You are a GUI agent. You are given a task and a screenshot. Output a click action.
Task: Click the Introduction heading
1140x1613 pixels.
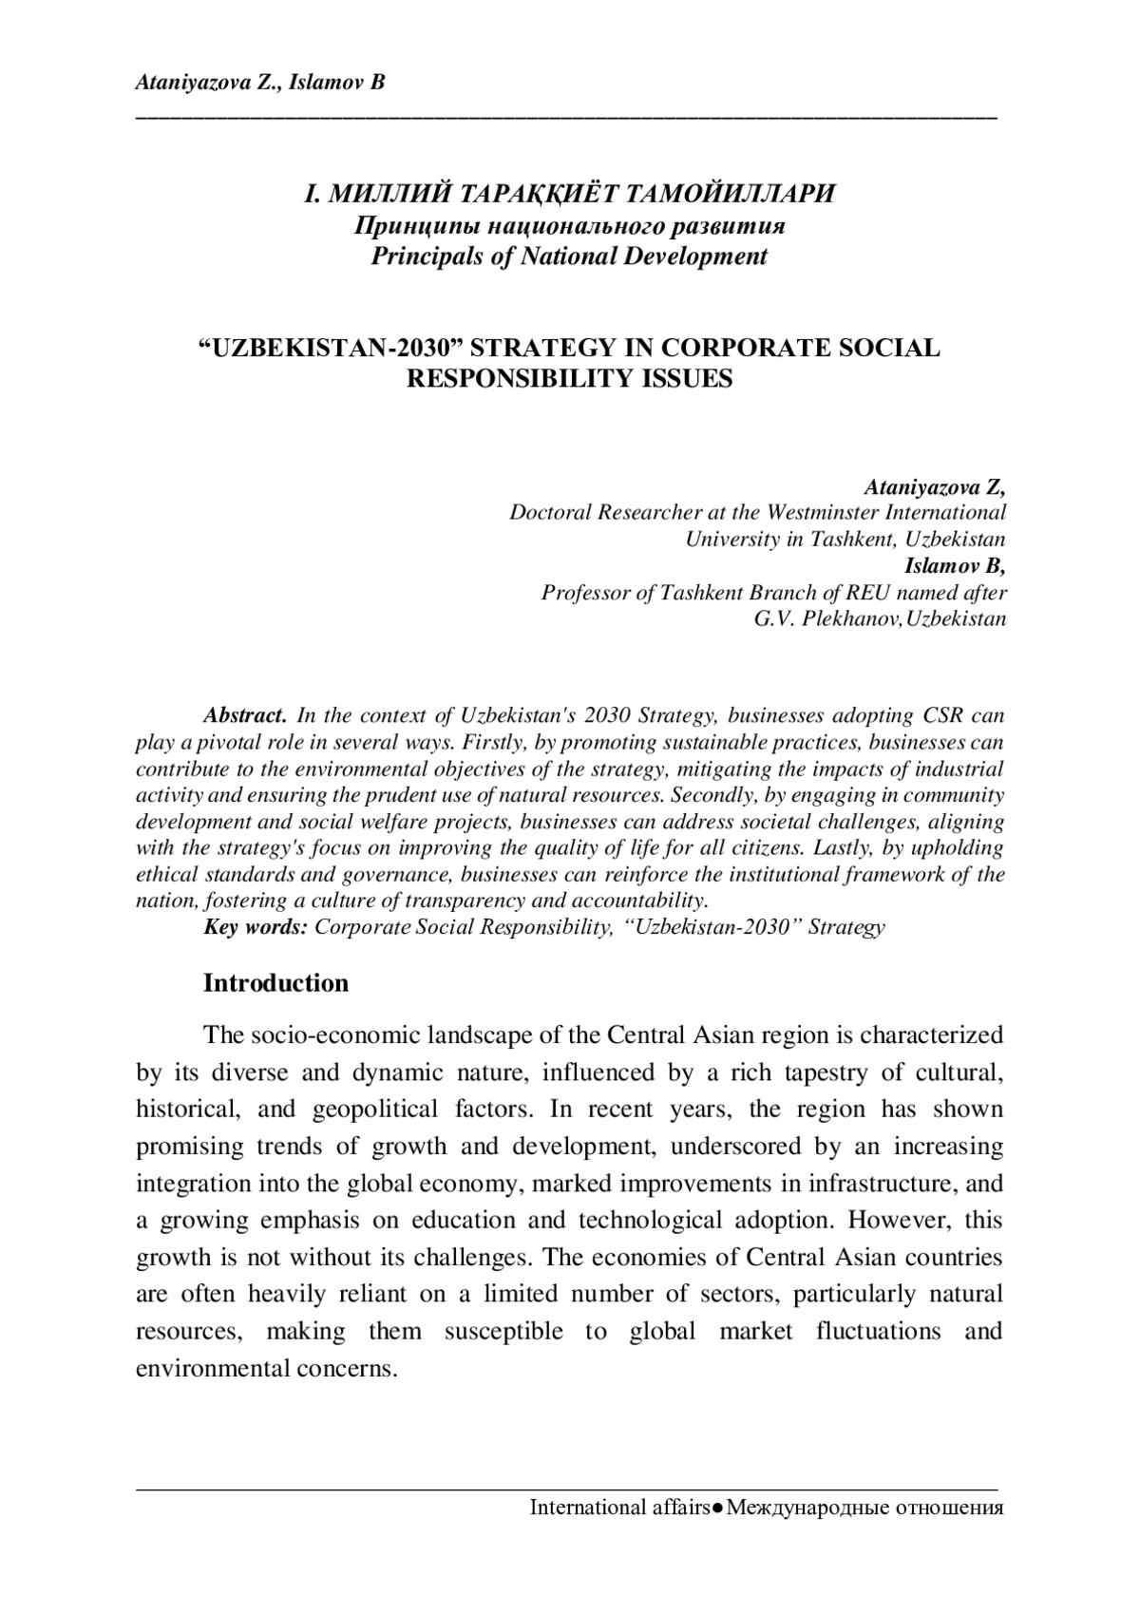tap(275, 982)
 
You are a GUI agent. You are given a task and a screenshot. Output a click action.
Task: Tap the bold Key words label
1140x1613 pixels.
tap(255, 926)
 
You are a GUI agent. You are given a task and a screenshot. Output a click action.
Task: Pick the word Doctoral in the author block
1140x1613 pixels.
tap(548, 512)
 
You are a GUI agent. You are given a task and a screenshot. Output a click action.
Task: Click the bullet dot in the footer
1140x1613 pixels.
tap(718, 1509)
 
